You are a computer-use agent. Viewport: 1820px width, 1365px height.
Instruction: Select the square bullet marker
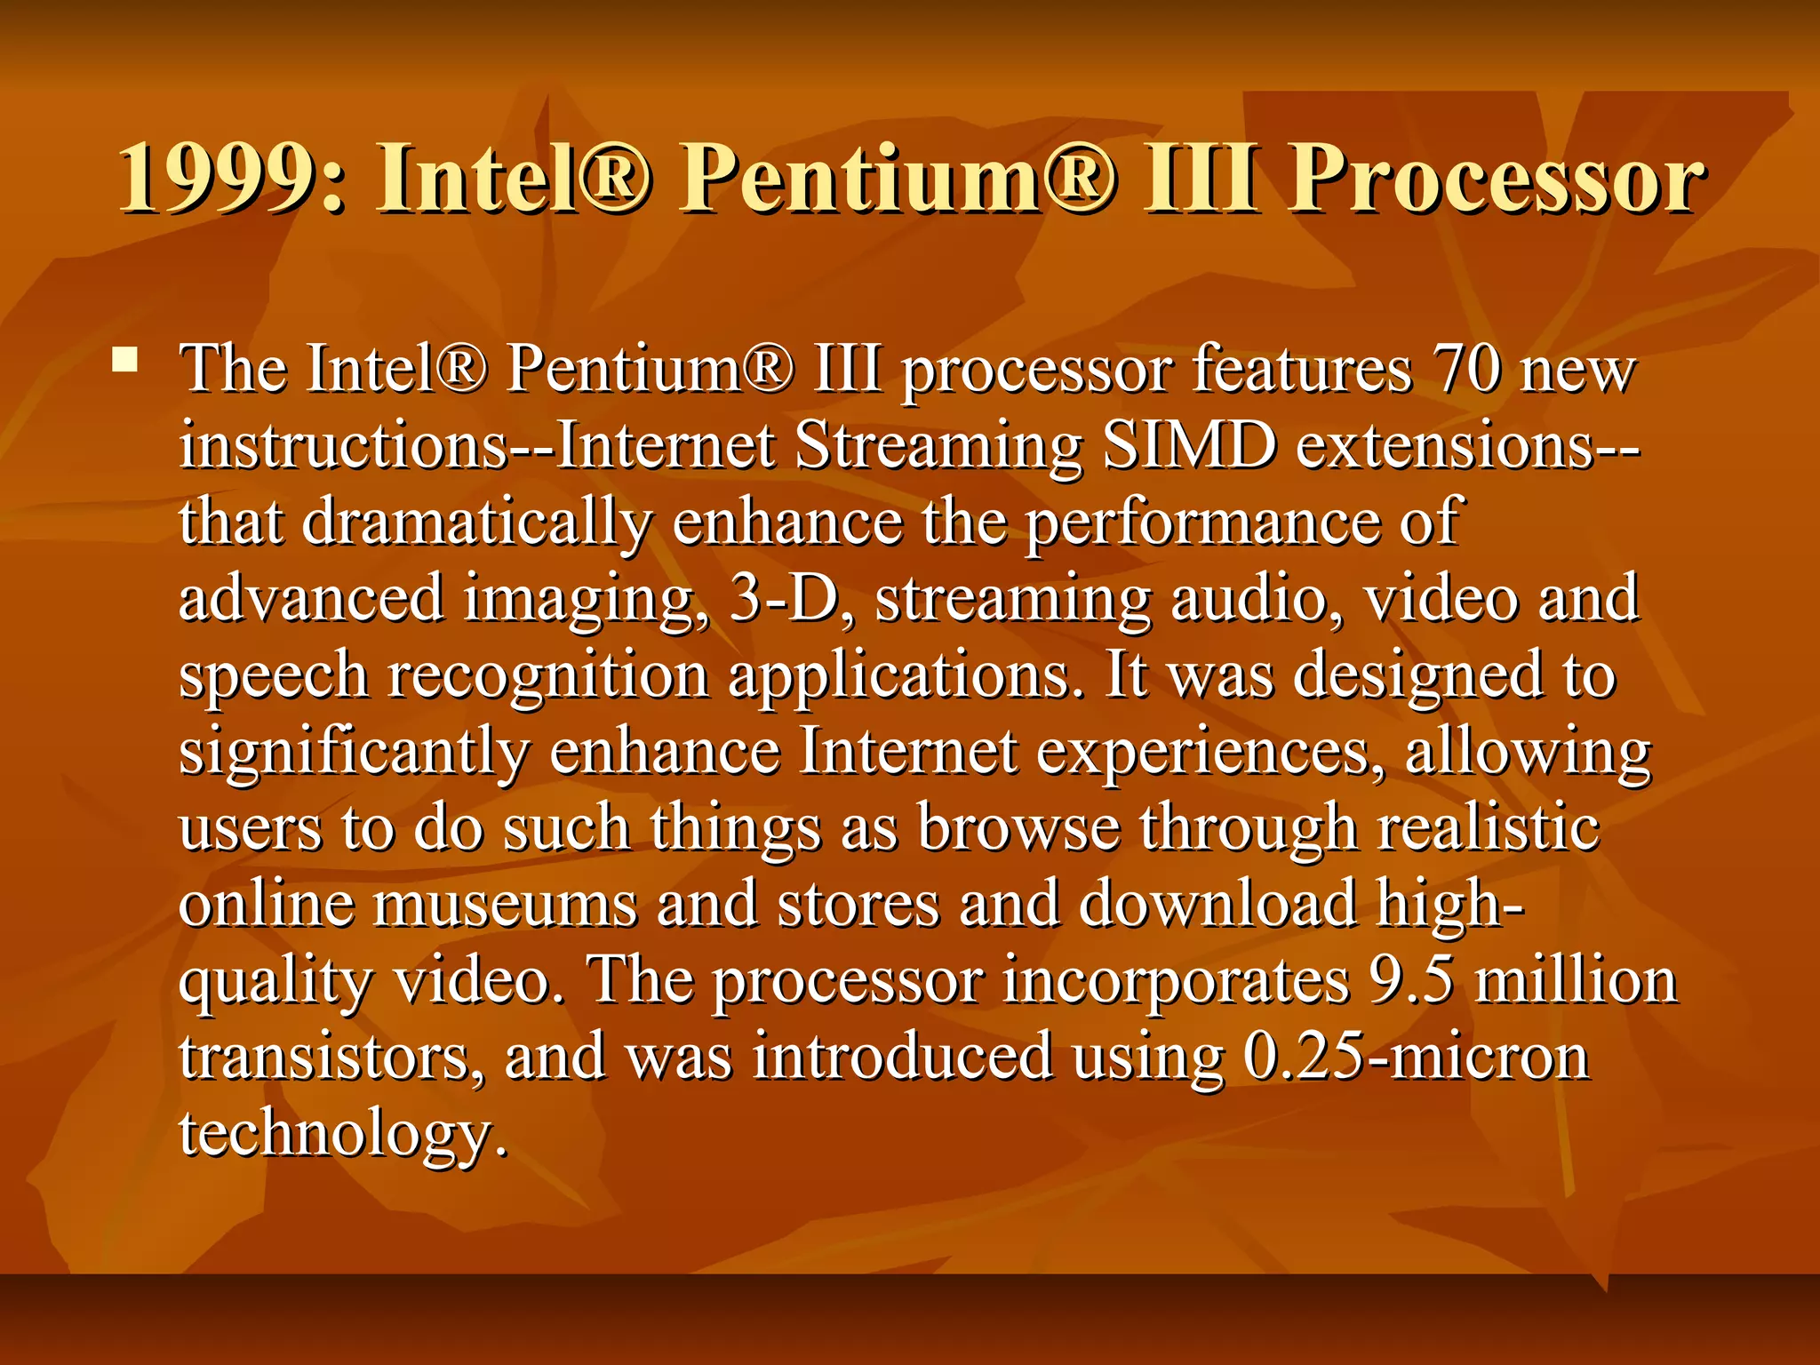point(125,360)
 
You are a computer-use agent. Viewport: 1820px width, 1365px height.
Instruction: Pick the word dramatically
point(477,523)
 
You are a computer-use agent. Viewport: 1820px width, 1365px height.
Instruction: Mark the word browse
point(1018,827)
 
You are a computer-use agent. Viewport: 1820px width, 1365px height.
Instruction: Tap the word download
point(1218,904)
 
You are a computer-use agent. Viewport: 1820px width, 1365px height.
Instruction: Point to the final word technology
point(343,1135)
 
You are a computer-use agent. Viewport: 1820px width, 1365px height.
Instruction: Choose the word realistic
point(1489,827)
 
